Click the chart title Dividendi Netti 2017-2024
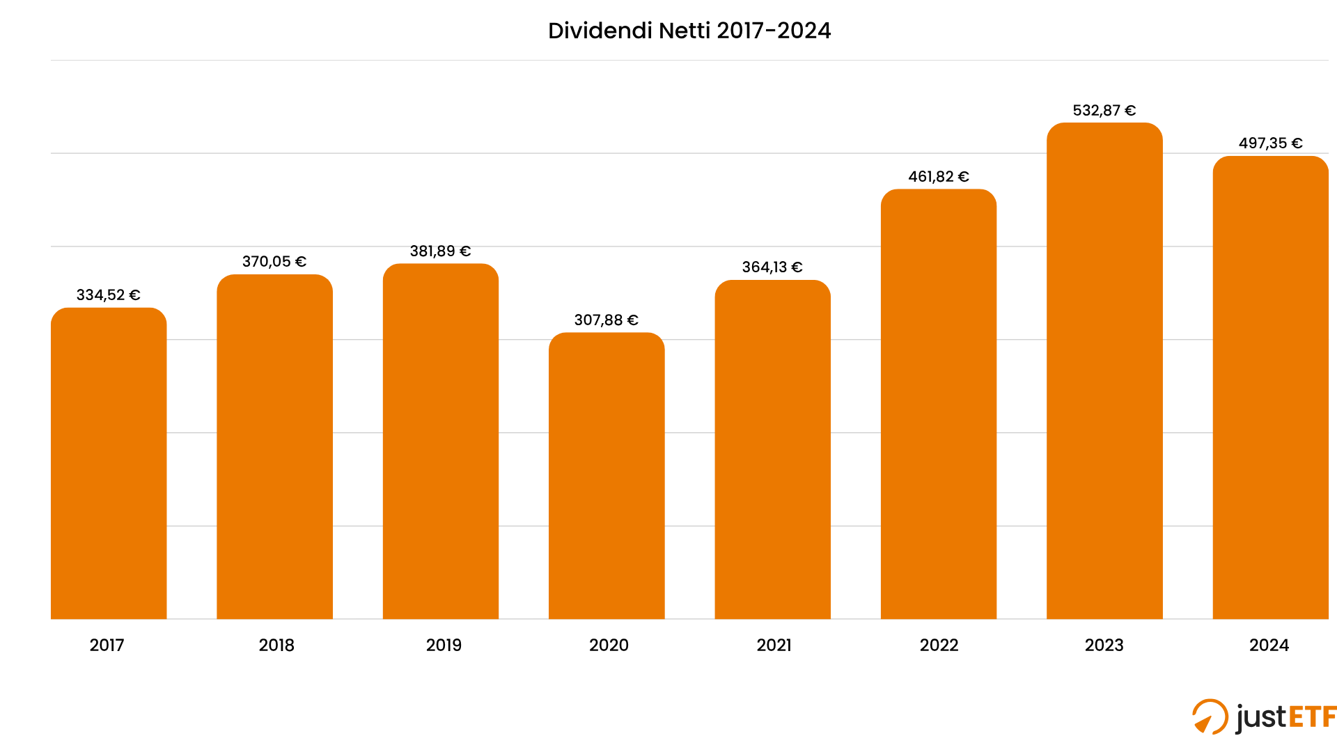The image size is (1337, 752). coord(689,31)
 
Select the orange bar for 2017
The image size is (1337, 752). coord(109,463)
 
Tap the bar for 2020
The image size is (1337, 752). coord(607,476)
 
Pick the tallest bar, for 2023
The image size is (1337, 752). coord(1104,370)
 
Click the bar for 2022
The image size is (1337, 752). coord(938,404)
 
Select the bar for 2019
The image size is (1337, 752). coord(441,441)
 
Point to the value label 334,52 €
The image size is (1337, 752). coord(108,295)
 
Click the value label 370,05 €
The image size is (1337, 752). coord(274,262)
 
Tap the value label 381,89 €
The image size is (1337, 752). coord(440,251)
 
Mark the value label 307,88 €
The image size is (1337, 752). coord(606,320)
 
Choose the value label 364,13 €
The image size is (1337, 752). coord(772,267)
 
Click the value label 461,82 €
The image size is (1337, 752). coord(938,177)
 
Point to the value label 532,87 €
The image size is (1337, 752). coord(1104,111)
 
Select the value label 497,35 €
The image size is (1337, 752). coord(1270,143)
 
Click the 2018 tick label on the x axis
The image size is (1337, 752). coord(276,645)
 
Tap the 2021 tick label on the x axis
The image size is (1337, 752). coord(774,645)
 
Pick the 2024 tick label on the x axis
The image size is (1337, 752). coord(1269,645)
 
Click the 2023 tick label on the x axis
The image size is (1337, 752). coord(1104,645)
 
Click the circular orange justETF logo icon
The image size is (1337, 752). coord(1210,716)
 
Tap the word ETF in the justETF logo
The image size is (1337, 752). coord(1311,716)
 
